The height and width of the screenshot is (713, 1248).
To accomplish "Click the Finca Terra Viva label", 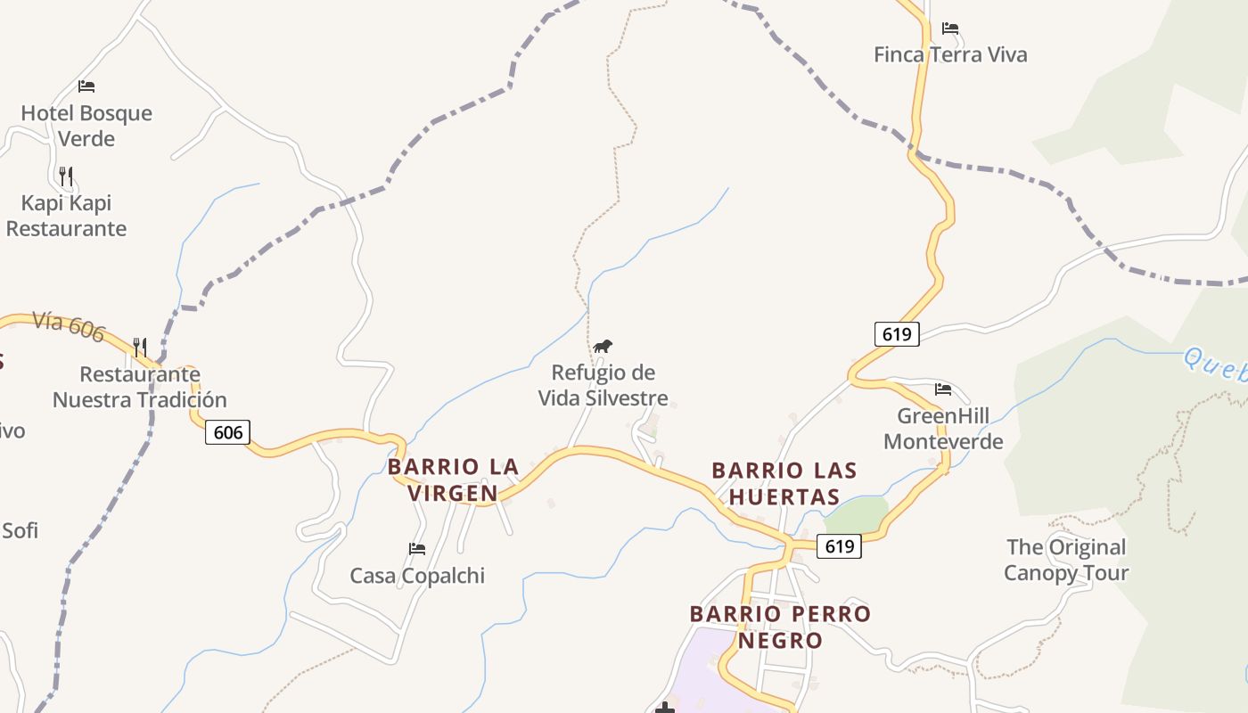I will (950, 54).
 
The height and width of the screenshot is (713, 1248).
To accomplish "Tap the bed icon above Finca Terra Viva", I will (950, 29).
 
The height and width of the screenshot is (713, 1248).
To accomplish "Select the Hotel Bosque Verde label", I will (86, 126).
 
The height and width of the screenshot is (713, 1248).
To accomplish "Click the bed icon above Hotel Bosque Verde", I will (86, 86).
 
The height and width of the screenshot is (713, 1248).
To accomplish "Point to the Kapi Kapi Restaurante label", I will (67, 216).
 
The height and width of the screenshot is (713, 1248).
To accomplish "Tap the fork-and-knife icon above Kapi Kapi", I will (66, 175).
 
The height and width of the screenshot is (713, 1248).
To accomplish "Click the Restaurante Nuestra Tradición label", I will (140, 387).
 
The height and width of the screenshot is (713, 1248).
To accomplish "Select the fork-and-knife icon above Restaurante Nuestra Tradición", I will (140, 347).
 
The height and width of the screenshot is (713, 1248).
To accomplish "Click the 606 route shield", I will (228, 433).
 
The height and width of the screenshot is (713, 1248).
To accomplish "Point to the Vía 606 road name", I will (69, 326).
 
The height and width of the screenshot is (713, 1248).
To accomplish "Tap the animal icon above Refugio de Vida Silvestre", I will (603, 346).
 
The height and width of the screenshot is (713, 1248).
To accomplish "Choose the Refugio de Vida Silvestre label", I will (603, 385).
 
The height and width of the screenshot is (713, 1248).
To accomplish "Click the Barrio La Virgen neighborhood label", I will (454, 479).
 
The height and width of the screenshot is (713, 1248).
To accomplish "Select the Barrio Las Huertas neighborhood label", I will (784, 483).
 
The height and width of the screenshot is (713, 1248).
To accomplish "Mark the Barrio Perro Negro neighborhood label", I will (780, 627).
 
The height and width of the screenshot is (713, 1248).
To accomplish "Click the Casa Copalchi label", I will (417, 576).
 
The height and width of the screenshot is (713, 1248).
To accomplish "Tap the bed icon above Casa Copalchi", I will (416, 548).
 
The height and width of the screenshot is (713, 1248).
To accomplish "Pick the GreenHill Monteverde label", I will (943, 429).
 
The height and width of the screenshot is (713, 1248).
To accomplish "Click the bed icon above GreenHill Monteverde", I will (943, 389).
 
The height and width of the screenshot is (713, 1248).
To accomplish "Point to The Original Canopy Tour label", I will (1066, 560).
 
